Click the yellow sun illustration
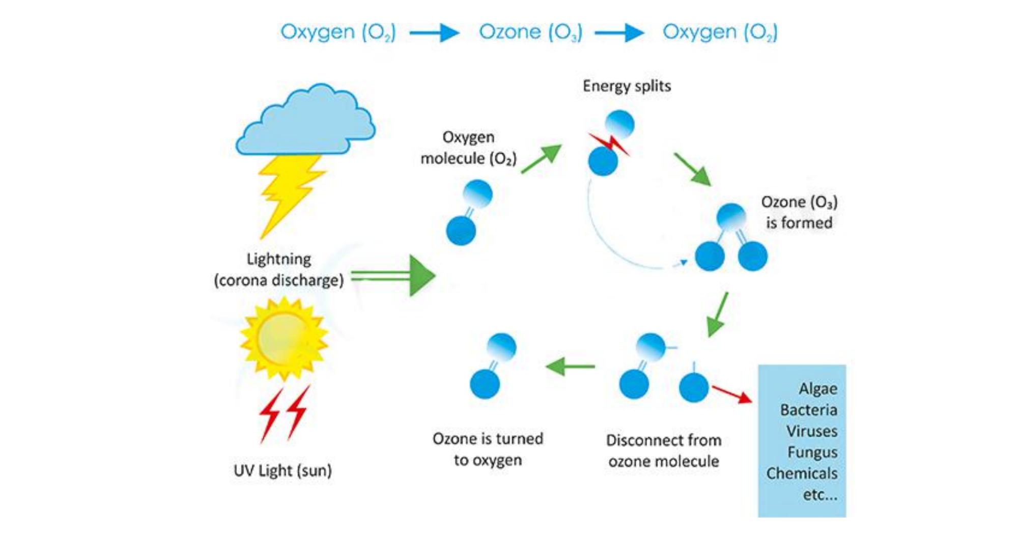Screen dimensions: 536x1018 284,339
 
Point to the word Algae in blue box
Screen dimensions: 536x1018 817,389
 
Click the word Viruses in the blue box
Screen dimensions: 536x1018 811,431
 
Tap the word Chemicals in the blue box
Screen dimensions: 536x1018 802,473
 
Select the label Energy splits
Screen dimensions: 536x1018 627,86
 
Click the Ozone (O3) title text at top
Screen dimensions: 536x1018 530,32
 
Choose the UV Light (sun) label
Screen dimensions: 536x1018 282,470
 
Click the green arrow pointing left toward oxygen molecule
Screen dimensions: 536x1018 570,366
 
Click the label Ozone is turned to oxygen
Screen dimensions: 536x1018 488,449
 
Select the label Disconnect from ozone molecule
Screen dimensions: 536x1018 663,450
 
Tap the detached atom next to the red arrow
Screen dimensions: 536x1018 693,387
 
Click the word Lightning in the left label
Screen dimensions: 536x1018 278,259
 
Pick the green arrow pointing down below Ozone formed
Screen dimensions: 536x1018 718,314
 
